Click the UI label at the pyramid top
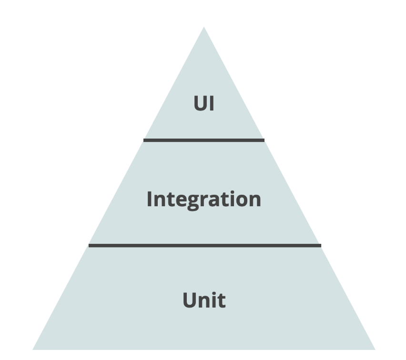[x=203, y=104]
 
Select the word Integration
[x=203, y=199]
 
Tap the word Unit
[x=203, y=300]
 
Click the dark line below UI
[x=203, y=140]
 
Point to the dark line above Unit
[x=204, y=245]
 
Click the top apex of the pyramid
[x=204, y=28]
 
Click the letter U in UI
[x=200, y=104]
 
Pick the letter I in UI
[x=211, y=104]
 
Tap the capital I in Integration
[x=150, y=199]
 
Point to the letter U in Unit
[x=190, y=300]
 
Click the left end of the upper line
[x=144, y=140]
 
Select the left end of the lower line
[x=90, y=245]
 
